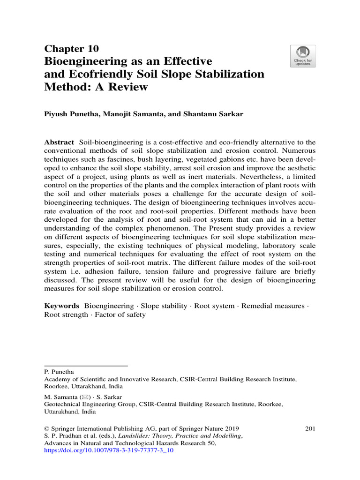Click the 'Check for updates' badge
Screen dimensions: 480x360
[303, 56]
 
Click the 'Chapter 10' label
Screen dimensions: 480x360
[71, 49]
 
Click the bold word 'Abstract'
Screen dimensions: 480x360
[59, 142]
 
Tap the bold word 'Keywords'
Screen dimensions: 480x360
[61, 306]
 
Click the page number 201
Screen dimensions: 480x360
[310, 428]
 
